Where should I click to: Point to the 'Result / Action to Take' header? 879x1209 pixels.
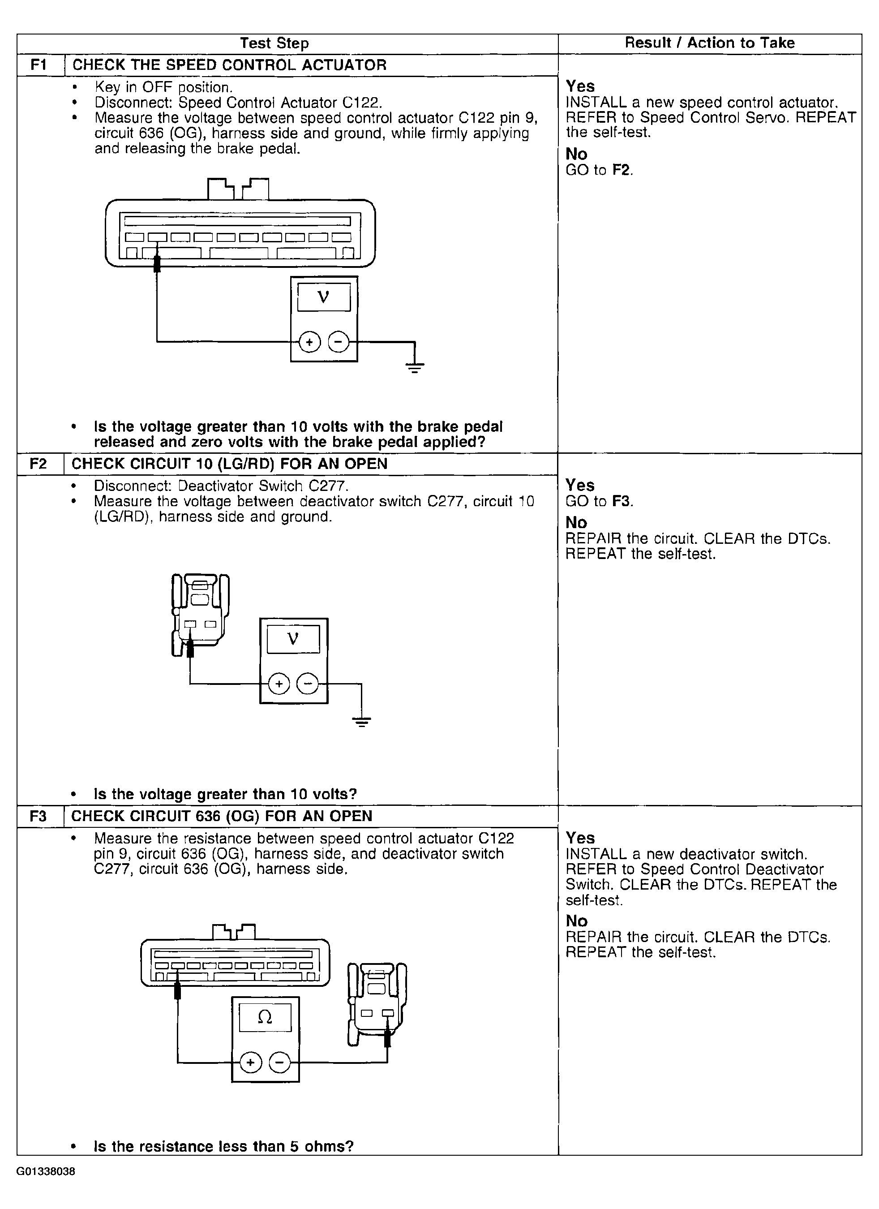pyautogui.click(x=710, y=43)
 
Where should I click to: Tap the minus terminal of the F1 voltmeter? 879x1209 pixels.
pyautogui.click(x=338, y=342)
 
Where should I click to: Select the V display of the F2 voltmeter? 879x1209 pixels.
pyautogui.click(x=293, y=639)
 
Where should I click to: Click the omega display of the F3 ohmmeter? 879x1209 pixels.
pyautogui.click(x=265, y=1018)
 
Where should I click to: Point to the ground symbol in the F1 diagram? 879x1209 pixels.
pyautogui.click(x=415, y=367)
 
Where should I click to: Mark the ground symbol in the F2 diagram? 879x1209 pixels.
pyautogui.click(x=361, y=722)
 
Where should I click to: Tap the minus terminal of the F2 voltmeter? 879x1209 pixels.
pyautogui.click(x=307, y=684)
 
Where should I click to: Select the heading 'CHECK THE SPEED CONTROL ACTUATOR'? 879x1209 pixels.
pyautogui.click(x=230, y=65)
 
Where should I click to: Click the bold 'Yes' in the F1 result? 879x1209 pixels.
pyautogui.click(x=580, y=86)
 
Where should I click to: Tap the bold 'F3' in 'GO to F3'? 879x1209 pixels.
pyautogui.click(x=621, y=501)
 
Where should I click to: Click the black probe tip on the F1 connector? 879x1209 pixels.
pyautogui.click(x=157, y=264)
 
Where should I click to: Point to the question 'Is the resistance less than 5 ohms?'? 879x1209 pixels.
pyautogui.click(x=224, y=1146)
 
